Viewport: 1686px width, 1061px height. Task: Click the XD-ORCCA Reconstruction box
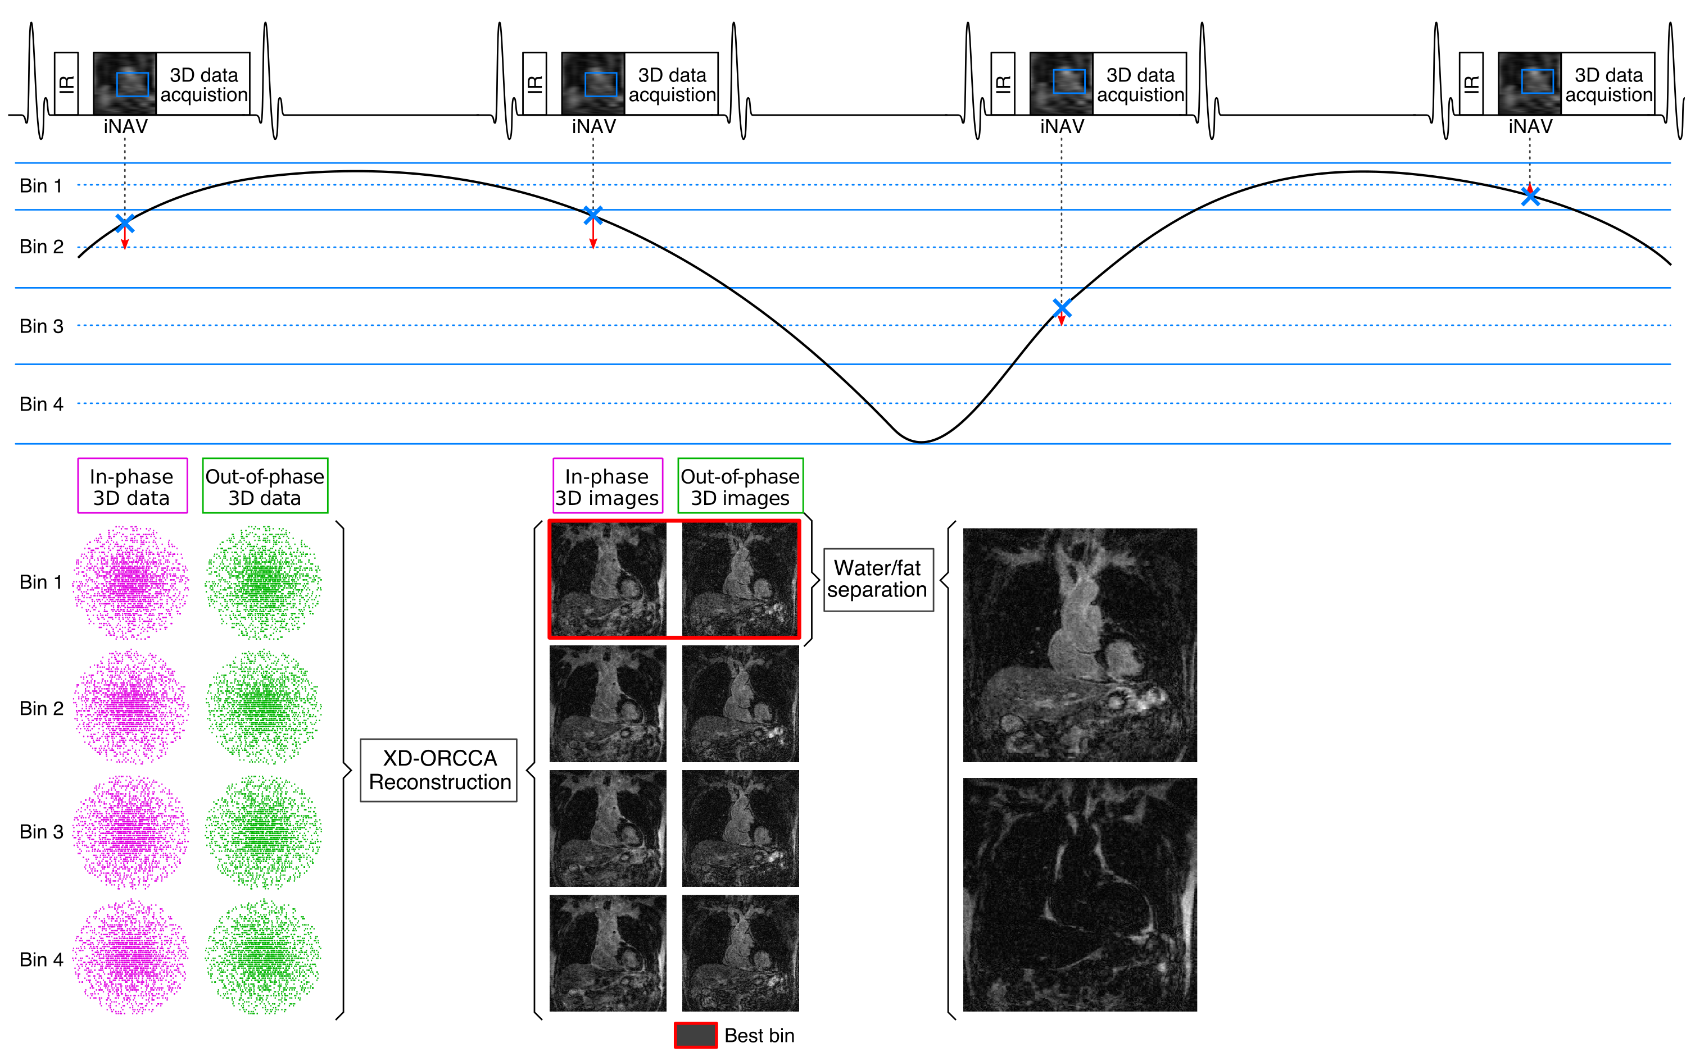pos(438,770)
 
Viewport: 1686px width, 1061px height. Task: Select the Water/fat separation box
pos(878,580)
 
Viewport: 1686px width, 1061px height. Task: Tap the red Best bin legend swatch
pos(695,1035)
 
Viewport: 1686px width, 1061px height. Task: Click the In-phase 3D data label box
pos(132,486)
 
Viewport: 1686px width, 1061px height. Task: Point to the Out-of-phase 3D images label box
pos(740,486)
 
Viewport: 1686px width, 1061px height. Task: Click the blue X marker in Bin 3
pos(1062,308)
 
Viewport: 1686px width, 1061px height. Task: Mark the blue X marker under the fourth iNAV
pos(1530,197)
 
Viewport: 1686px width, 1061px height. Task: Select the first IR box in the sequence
pos(66,83)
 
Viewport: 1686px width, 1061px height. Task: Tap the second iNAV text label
pos(593,127)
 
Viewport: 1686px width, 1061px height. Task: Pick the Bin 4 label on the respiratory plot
pos(42,404)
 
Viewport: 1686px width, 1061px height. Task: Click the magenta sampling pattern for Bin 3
pos(131,831)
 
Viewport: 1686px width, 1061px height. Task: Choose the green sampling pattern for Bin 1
pos(263,582)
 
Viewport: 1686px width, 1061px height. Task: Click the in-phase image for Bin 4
pos(608,953)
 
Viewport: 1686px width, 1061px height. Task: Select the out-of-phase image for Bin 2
pos(740,703)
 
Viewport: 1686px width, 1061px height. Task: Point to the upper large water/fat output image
pos(1080,645)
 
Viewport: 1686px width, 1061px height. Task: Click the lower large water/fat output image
pos(1080,894)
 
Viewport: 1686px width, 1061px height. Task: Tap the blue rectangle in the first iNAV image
pos(132,84)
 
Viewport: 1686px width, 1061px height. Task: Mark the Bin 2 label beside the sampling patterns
pos(42,708)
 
